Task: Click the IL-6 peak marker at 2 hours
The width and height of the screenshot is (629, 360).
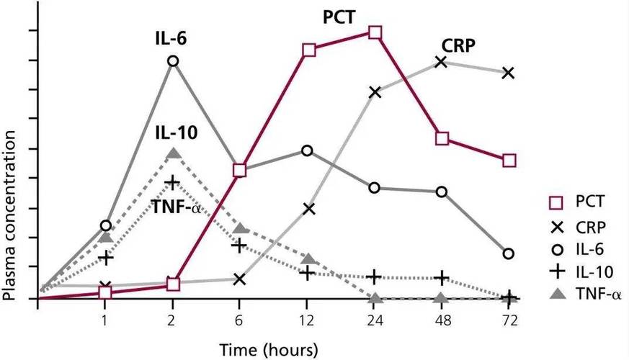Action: coord(173,60)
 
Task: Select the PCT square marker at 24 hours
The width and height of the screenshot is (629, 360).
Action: coord(375,32)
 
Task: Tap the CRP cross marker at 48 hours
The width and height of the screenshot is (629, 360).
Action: coord(442,62)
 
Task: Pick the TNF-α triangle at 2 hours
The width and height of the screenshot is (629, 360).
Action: coord(173,153)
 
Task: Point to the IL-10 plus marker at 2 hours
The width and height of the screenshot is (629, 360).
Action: coord(173,182)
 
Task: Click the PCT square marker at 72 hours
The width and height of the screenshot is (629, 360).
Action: coord(509,161)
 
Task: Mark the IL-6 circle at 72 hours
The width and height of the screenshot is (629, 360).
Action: coord(509,253)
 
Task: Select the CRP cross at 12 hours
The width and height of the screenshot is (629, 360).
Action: coord(309,209)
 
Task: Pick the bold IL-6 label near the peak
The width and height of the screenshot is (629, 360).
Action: coord(170,37)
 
